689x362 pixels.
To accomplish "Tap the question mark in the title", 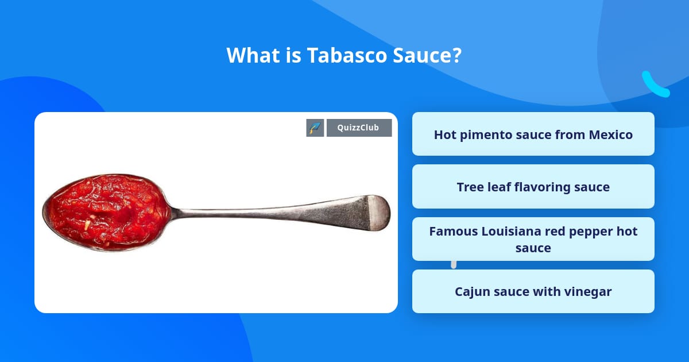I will click(x=457, y=56).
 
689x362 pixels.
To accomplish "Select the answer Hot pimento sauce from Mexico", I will click(x=533, y=134).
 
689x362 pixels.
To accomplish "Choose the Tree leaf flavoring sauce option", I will click(x=533, y=187).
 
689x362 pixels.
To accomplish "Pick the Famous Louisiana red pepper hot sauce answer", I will click(x=533, y=239).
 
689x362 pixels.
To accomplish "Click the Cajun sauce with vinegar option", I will click(x=533, y=291).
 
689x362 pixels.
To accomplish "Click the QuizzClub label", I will click(x=359, y=128).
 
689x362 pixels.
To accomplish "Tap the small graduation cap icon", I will click(x=315, y=128).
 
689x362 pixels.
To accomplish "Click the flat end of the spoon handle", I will click(x=376, y=211).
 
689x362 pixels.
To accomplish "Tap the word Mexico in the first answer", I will click(x=610, y=134).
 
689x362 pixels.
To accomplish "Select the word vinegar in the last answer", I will click(x=587, y=291).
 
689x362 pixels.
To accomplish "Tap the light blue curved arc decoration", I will click(x=654, y=86).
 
